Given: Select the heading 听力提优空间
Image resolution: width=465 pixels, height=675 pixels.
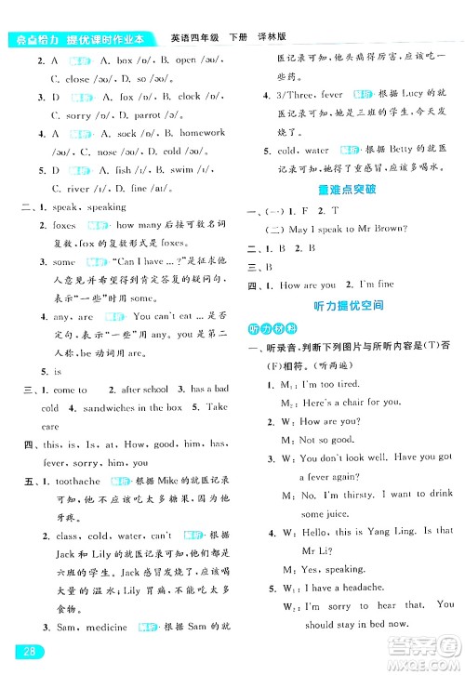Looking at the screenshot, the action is click(x=348, y=306).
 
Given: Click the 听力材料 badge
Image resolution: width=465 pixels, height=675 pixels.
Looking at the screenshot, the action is click(x=265, y=328).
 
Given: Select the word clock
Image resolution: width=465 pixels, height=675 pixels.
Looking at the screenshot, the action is click(x=189, y=96).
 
